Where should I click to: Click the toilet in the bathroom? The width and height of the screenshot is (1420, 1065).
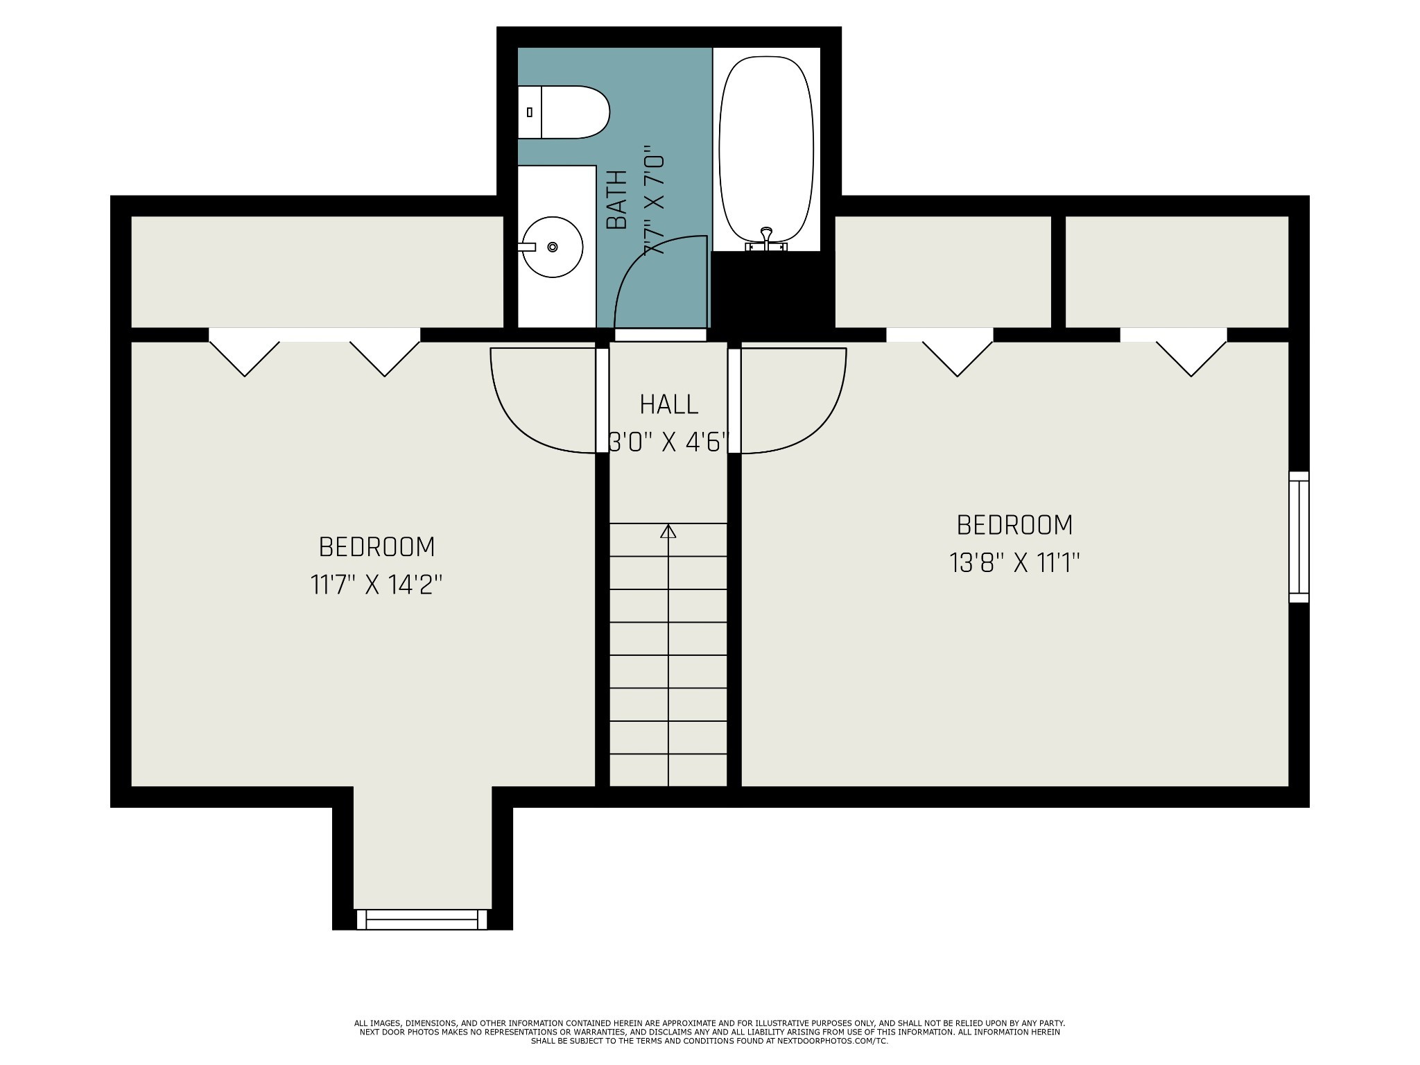(563, 112)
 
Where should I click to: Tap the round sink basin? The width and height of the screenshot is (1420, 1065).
(552, 247)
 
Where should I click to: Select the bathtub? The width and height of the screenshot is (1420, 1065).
(766, 150)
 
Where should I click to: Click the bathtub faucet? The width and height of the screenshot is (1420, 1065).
(766, 239)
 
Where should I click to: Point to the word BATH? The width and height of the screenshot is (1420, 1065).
(616, 199)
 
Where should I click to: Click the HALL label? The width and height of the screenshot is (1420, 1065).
(668, 404)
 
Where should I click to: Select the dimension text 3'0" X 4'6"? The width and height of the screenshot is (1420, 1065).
(668, 442)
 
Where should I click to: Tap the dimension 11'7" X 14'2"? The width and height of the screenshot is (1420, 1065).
(376, 585)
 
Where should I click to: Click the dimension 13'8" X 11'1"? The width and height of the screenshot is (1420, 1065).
(1014, 562)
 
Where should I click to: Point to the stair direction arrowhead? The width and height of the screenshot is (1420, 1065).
(668, 531)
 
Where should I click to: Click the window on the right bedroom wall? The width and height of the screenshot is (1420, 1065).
(1299, 537)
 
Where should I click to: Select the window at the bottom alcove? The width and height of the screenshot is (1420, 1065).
(422, 919)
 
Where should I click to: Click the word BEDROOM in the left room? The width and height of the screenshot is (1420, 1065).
(376, 547)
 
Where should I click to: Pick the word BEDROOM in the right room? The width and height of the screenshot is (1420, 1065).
(1014, 525)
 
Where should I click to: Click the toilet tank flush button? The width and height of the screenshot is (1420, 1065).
(530, 112)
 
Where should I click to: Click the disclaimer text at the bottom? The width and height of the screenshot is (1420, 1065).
(709, 1032)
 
